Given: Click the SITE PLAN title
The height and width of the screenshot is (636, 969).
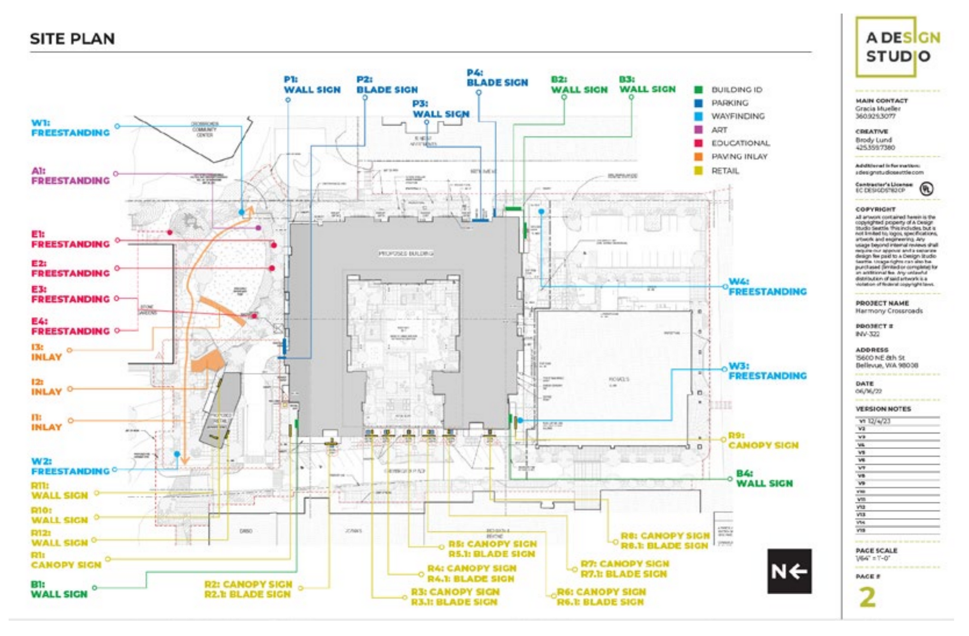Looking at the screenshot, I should (72, 39).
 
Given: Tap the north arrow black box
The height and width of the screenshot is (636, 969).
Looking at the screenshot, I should (789, 571).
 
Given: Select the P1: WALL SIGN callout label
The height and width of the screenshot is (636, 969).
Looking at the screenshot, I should (312, 85).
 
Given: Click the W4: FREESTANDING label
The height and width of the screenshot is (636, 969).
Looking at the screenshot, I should (767, 287).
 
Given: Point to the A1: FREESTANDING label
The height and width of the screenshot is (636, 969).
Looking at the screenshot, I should (70, 176).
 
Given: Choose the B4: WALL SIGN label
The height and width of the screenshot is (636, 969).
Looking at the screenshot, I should (764, 479).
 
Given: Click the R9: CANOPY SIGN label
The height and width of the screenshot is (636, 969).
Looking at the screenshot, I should (763, 440).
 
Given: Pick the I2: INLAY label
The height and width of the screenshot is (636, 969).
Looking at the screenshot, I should (46, 387).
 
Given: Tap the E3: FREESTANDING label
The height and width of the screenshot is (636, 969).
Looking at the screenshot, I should (70, 294).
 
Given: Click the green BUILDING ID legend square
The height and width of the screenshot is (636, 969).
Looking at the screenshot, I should (698, 90).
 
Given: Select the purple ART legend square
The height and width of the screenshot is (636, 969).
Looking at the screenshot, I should (698, 130).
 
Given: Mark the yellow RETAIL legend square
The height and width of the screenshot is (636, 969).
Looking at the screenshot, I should (698, 171).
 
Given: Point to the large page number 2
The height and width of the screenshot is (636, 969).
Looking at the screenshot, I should (868, 597).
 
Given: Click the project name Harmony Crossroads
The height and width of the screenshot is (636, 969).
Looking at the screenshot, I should (889, 311).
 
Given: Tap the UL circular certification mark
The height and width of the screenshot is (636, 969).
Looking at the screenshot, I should (926, 189).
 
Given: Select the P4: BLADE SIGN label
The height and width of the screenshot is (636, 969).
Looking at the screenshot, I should (497, 78).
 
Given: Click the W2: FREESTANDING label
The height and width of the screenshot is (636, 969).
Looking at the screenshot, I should (70, 466).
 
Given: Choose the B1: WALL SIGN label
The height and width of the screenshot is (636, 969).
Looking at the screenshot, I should (59, 589).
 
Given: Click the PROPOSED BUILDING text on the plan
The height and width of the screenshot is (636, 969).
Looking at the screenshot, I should (406, 253).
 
